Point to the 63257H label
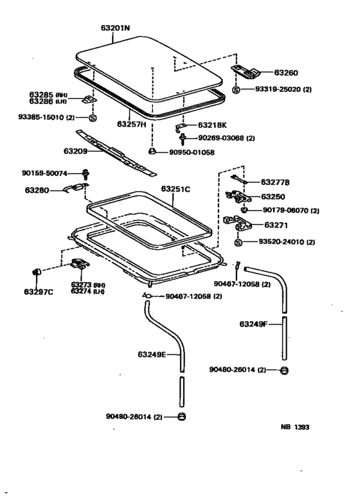[x=133, y=123]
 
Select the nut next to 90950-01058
[x=152, y=152]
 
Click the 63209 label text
[x=77, y=152]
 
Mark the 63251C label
[x=175, y=190]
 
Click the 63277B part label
[x=275, y=183]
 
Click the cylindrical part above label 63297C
[x=37, y=274]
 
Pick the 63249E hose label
[x=152, y=354]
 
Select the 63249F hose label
[x=253, y=324]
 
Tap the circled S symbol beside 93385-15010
[x=92, y=118]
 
